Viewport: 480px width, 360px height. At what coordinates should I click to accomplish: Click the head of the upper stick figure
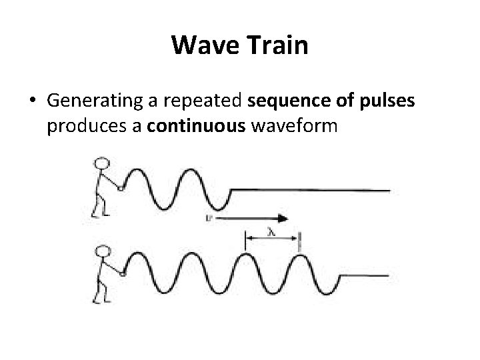(101, 164)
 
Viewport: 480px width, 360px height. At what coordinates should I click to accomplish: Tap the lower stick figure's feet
(101, 301)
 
